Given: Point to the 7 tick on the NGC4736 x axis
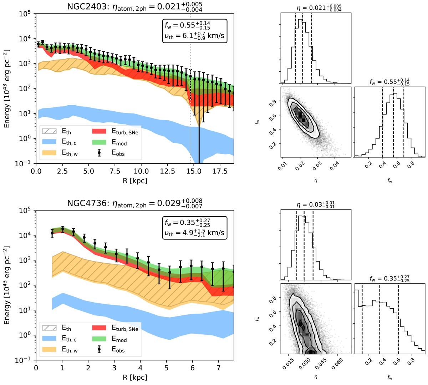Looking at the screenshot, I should (x=218, y=368).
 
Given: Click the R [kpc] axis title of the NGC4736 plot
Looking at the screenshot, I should (x=135, y=377).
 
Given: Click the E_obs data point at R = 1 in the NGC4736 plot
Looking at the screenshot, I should (x=62, y=230).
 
